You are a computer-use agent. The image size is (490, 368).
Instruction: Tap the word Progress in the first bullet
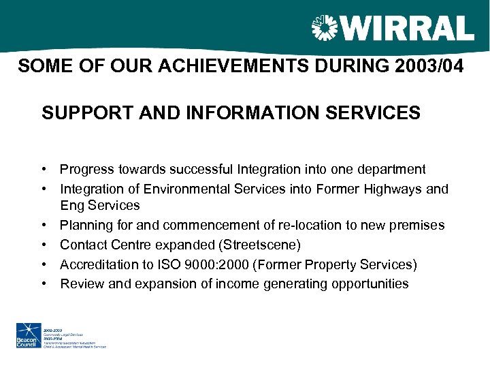click(86, 169)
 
